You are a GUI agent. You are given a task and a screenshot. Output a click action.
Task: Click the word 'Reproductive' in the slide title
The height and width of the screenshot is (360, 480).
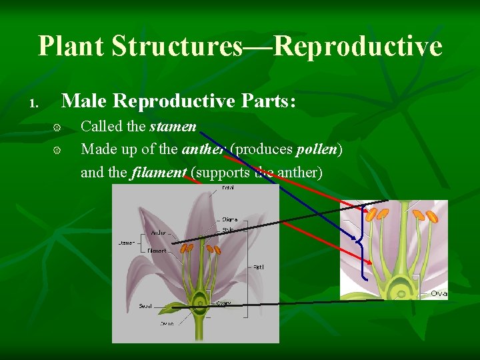click(x=358, y=47)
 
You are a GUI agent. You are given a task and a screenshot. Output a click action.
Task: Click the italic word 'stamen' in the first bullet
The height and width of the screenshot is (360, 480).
click(x=173, y=127)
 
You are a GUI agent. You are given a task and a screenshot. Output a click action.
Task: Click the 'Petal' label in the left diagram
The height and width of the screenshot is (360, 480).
click(x=227, y=188)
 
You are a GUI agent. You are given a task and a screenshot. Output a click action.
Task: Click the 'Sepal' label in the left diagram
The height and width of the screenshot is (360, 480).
click(x=145, y=306)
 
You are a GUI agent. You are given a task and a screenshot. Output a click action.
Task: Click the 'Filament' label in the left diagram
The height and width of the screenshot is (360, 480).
click(x=157, y=251)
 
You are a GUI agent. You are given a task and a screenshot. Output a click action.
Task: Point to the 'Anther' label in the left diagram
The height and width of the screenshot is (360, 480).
click(x=159, y=233)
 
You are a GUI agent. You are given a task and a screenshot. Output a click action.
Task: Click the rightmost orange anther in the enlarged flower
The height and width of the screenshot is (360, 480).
click(x=432, y=217)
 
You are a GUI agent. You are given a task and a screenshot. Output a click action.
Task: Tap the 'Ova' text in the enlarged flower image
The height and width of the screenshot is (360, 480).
click(x=438, y=293)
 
